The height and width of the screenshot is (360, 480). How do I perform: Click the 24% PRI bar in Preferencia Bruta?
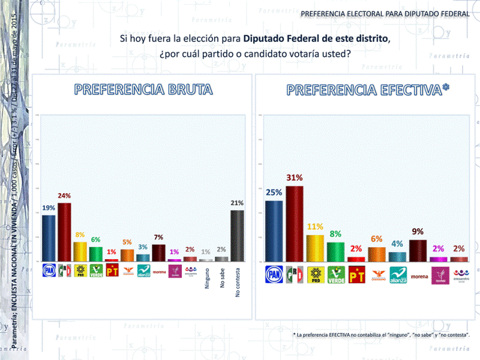64,232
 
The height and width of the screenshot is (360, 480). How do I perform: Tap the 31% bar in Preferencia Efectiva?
294,223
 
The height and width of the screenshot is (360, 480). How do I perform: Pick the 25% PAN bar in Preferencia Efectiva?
274,231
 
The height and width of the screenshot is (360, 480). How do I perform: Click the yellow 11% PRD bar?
315,248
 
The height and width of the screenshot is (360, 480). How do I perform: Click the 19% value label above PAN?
49,208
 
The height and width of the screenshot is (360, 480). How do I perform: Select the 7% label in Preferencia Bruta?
158,238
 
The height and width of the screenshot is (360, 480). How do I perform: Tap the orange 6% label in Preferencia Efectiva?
377,239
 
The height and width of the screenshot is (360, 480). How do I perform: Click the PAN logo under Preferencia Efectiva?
274,274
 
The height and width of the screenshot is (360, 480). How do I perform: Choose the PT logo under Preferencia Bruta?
112,271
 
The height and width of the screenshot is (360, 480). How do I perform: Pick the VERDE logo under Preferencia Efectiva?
336,275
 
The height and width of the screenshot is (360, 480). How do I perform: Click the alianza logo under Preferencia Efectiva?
398,275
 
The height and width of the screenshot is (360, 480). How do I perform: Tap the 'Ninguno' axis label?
206,281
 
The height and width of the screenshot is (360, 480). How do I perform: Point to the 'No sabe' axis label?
222,281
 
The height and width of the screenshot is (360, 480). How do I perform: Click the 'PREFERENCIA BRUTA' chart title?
143,90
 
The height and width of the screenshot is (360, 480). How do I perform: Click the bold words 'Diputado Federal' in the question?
280,39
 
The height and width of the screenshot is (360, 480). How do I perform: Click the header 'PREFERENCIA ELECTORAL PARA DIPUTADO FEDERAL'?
385,13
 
